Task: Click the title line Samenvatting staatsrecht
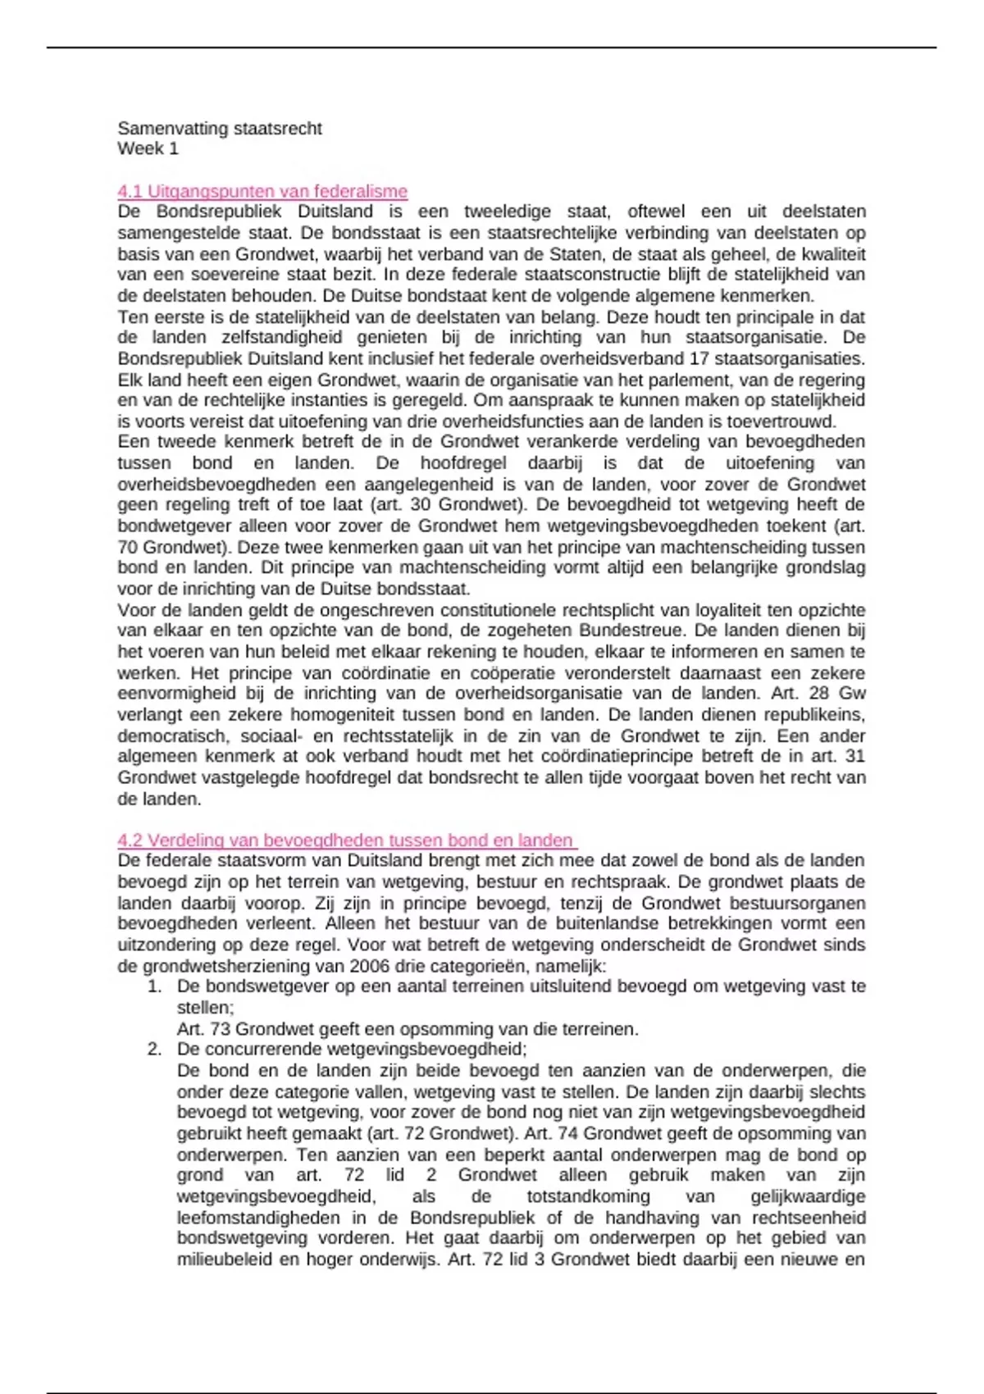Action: [219, 128]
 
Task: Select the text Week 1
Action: [148, 148]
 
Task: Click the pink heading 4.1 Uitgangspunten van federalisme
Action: [262, 191]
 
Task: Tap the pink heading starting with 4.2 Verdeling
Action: [345, 840]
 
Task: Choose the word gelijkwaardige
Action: [808, 1196]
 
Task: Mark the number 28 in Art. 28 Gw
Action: [818, 693]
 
